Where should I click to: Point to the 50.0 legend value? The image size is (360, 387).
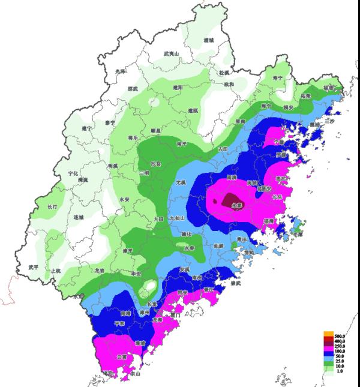[338, 356]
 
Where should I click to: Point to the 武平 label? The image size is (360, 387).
[34, 267]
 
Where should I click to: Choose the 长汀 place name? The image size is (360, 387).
[52, 207]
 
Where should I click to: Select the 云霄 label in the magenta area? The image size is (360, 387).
[122, 356]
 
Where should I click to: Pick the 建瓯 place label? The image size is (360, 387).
[193, 110]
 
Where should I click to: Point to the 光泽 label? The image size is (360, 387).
[119, 71]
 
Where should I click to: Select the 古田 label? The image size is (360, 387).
[223, 148]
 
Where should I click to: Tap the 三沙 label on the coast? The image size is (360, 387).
[329, 121]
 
